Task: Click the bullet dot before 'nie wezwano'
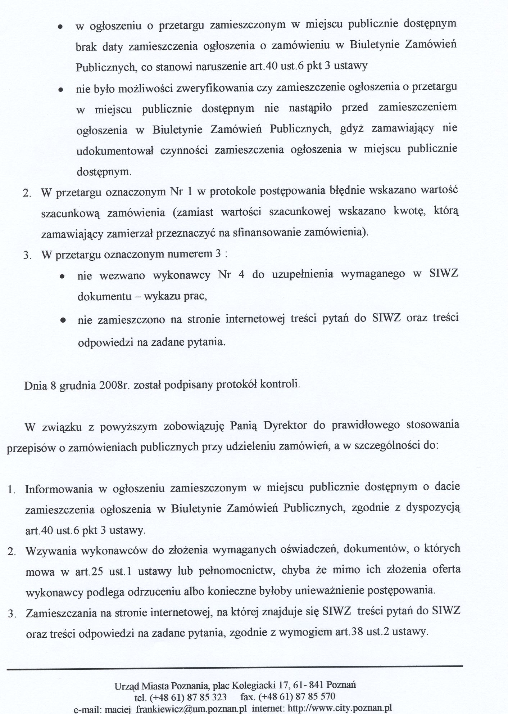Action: (x=62, y=277)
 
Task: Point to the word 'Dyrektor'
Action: (x=285, y=426)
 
